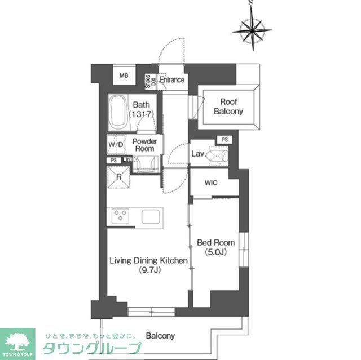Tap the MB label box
point(123,74)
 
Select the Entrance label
point(172,79)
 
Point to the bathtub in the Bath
point(118,111)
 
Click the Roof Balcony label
point(228,106)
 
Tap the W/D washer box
point(116,144)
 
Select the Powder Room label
point(144,145)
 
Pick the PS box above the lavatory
point(224,140)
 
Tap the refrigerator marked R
point(120,177)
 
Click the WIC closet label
point(211,183)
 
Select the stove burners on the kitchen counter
point(121,215)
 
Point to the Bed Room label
point(213,243)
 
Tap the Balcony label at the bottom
point(160,336)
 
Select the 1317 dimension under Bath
point(141,114)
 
